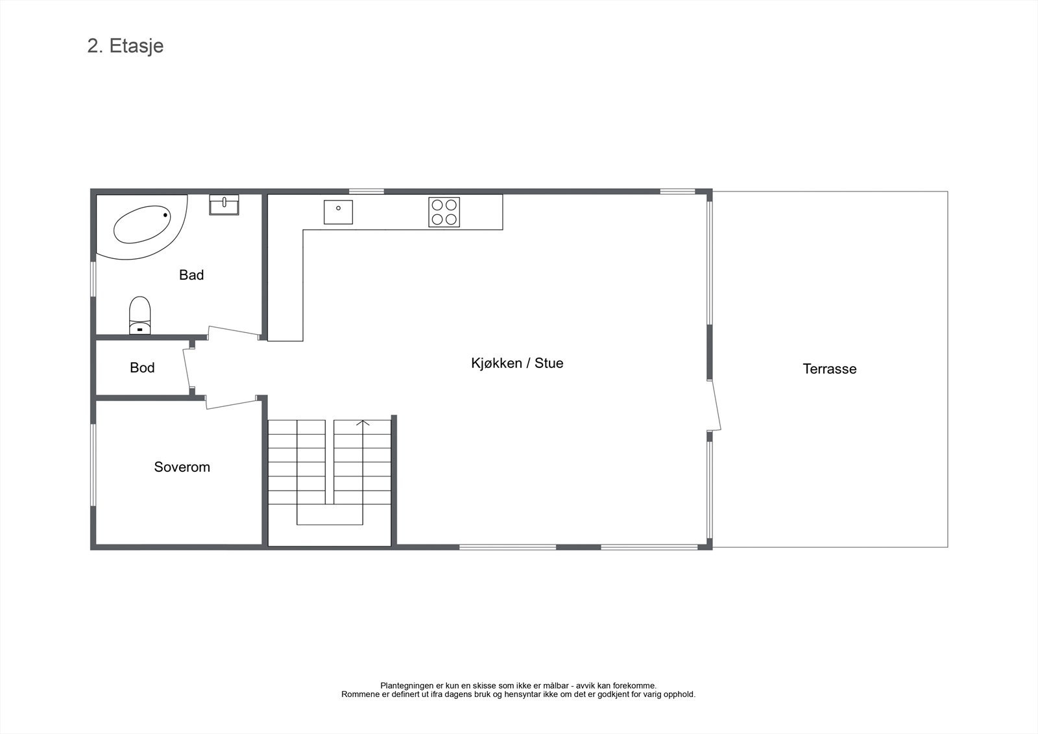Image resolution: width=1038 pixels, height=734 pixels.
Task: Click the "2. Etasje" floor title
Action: (125, 46)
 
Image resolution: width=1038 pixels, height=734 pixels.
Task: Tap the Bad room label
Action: (191, 275)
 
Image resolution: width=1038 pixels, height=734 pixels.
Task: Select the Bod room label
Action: (142, 368)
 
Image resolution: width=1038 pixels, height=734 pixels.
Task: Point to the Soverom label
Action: (182, 467)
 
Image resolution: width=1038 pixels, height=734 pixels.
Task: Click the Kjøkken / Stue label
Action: (517, 363)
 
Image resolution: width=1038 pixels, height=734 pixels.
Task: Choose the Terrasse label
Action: (829, 369)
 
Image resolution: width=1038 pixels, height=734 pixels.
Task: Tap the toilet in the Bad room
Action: (139, 315)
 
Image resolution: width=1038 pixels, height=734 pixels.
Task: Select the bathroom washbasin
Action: (224, 204)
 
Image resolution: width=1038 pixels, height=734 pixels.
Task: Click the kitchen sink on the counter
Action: (338, 212)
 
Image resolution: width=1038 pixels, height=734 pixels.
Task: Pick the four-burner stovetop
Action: (444, 212)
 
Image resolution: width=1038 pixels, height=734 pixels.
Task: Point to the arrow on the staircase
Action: (363, 424)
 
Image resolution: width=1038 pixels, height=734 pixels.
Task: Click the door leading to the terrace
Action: (716, 406)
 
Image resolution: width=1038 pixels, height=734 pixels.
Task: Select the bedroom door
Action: (232, 403)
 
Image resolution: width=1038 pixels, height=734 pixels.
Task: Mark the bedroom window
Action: (93, 464)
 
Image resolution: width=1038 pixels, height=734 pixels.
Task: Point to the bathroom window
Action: (93, 279)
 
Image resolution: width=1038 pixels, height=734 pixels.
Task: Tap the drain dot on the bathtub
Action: (165, 215)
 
